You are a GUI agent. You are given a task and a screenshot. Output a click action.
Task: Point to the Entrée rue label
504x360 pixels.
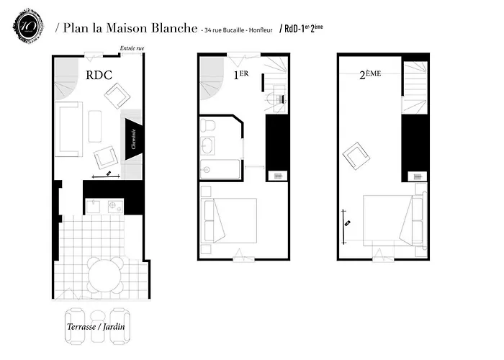[x=132, y=49]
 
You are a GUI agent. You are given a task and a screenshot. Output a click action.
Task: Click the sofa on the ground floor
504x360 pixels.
[x=68, y=130]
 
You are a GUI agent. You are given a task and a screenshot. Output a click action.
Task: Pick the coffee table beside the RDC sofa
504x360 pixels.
[x=96, y=126]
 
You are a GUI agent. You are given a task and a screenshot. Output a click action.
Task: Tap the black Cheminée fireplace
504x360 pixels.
[x=133, y=135]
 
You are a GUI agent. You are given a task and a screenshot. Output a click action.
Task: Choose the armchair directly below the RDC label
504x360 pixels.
[x=115, y=95]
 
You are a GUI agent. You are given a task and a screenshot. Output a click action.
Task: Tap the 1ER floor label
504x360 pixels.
[x=240, y=73]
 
